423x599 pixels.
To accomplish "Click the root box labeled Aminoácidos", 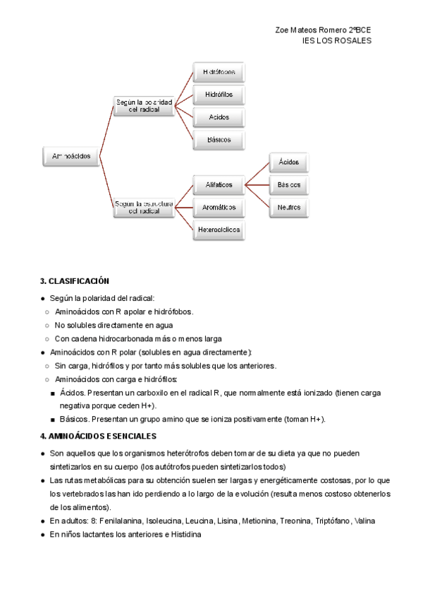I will [x=71, y=157].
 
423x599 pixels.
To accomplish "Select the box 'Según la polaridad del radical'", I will [x=145, y=106].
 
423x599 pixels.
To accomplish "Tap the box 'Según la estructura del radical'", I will [x=145, y=207].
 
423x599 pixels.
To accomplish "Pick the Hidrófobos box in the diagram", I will [x=219, y=72].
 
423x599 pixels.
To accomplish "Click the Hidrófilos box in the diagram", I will [x=219, y=95].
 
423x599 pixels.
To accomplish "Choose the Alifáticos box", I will [x=219, y=185].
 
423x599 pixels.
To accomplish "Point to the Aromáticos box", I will [x=219, y=208].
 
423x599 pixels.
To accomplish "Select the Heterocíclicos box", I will [x=219, y=230].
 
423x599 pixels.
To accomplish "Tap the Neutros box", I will [x=288, y=208].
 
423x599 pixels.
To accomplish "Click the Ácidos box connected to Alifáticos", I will [x=288, y=162].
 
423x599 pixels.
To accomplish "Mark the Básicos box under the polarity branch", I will [x=219, y=140].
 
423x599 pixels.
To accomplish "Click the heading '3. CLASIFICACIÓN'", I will [x=75, y=281].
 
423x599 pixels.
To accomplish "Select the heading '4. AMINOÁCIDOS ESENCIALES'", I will [x=99, y=437].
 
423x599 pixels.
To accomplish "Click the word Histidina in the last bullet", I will [x=184, y=535].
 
